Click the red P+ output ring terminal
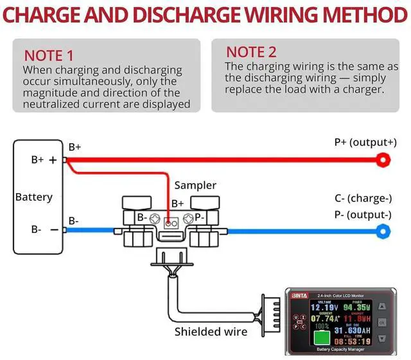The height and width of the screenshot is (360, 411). (384, 159)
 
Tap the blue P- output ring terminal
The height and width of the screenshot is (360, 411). (383, 230)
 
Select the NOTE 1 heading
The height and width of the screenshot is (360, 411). (49, 56)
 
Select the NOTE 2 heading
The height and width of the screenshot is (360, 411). (252, 52)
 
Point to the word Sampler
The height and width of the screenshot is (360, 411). (196, 185)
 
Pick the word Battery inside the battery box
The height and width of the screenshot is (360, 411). (34, 196)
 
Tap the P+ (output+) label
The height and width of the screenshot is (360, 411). (365, 142)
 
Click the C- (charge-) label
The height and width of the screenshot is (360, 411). (362, 199)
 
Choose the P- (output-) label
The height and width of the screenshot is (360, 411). (363, 214)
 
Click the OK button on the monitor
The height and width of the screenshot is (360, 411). (381, 321)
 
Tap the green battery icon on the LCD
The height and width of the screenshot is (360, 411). (322, 337)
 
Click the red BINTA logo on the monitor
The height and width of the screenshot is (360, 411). (300, 295)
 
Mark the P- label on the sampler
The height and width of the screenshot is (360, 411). (200, 218)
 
